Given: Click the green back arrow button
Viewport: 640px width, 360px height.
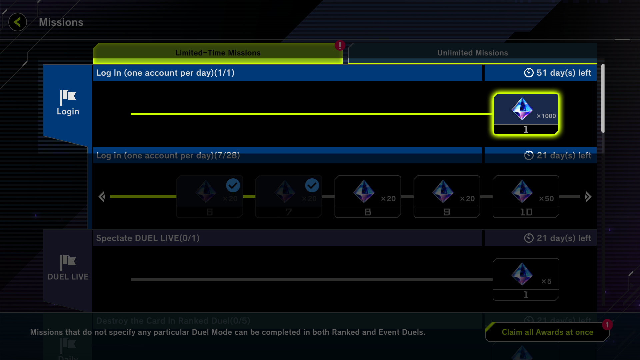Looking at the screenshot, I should (x=18, y=22).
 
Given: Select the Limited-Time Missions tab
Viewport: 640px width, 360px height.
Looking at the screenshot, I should (x=218, y=53).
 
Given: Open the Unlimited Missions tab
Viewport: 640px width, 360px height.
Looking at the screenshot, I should (x=472, y=53).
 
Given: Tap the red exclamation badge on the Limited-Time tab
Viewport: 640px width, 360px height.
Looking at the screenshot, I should (x=340, y=45).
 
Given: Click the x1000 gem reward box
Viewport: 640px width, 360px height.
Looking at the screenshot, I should (x=526, y=114).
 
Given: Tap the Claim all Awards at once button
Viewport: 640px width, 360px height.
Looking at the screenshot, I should (x=547, y=332).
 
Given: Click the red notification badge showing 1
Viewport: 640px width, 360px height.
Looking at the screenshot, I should (x=607, y=325).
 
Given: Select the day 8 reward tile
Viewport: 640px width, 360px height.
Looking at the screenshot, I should (x=368, y=197).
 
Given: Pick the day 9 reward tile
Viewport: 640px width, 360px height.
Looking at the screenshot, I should (x=447, y=197).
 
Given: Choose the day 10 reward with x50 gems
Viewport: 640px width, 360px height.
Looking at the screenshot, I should (x=526, y=197).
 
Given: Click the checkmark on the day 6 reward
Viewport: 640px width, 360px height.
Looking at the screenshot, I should (x=233, y=185).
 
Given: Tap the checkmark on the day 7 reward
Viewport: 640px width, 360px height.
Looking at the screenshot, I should (x=312, y=185).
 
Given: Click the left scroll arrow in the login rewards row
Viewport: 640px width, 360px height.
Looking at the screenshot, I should (x=102, y=197).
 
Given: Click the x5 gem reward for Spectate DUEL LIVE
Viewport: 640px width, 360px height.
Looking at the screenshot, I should (x=526, y=279).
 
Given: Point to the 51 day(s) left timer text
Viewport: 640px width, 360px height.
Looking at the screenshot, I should (x=563, y=73).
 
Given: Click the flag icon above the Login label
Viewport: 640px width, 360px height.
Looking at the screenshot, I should (x=68, y=97).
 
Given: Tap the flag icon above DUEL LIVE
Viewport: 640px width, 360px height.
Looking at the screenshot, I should (x=68, y=262).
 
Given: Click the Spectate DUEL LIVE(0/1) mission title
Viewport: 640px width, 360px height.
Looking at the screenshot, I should (x=148, y=238).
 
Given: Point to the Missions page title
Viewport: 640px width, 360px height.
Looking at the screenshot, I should (x=61, y=22).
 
